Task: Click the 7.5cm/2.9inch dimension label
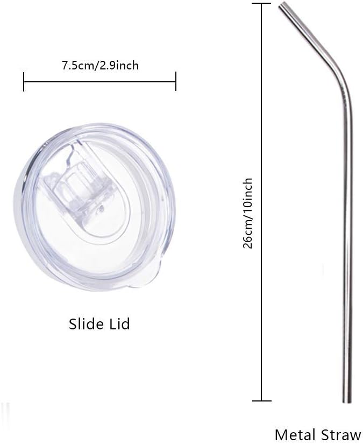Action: coord(100,66)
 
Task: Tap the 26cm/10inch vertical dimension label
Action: coord(248,213)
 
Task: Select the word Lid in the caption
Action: coord(119,324)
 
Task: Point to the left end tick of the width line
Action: coord(24,82)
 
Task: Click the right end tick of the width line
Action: coord(176,82)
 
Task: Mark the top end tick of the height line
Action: coord(261,4)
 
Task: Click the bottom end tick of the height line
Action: coord(261,400)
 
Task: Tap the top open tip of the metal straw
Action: coord(283,6)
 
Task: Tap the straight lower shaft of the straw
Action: coord(348,269)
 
